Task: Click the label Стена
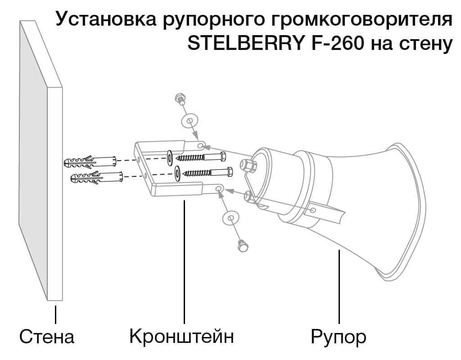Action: pos(46,337)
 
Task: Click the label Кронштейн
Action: pos(181,337)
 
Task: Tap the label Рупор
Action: pos(339,337)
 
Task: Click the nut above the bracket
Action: pos(179,99)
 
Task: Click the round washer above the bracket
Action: pos(189,120)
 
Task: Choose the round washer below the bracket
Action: pos(231,219)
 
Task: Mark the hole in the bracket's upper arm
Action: pos(201,145)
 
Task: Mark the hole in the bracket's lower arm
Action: pos(219,188)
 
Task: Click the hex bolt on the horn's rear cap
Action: pos(249,165)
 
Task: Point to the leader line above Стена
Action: pos(55,315)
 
